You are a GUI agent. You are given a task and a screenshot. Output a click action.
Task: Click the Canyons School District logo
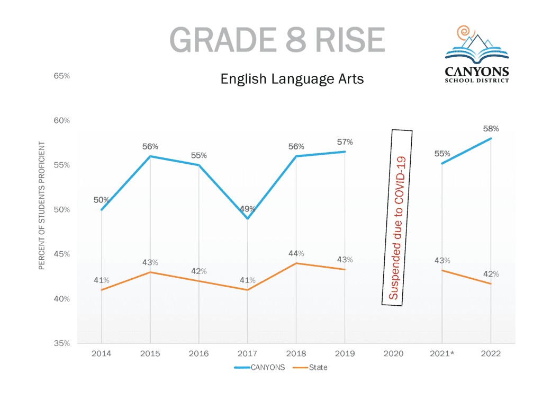[x=477, y=54]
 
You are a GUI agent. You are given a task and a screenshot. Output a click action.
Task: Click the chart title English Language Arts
[x=292, y=79]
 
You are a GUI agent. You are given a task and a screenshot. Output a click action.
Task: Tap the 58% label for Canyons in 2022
[x=491, y=129]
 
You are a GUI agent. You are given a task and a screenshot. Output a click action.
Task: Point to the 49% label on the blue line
[x=247, y=209]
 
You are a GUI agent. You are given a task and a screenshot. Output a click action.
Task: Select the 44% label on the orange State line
[x=296, y=253]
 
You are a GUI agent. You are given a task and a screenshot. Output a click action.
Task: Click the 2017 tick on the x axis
[x=247, y=353]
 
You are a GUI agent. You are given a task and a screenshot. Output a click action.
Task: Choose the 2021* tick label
[x=442, y=353]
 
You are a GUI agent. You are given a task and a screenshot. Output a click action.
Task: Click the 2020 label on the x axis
[x=393, y=353]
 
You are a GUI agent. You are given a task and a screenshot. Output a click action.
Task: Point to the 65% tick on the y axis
[x=62, y=76]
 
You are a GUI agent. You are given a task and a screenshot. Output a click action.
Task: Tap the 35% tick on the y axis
[x=62, y=343]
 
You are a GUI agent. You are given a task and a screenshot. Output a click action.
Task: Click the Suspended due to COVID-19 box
[x=397, y=217]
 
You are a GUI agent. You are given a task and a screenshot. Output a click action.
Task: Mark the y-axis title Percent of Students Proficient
[x=42, y=206]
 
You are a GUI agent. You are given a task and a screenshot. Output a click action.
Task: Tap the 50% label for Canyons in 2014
[x=102, y=200]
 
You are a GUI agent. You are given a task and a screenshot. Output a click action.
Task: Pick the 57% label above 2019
[x=345, y=142]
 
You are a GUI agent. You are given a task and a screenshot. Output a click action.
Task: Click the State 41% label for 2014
[x=102, y=280]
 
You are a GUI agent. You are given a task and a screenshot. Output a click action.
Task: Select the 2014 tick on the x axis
[x=101, y=353]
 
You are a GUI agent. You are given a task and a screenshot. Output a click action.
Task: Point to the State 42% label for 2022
[x=491, y=274]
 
